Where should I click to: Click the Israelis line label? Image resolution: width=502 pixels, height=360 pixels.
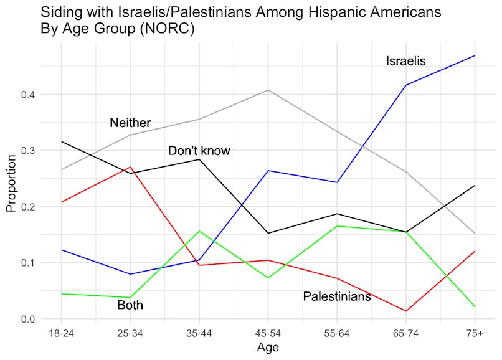tap(405, 61)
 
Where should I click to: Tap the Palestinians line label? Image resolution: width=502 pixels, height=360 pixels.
tap(337, 296)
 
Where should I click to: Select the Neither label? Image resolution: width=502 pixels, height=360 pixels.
tap(130, 123)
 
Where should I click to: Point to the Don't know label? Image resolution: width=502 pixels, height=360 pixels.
tap(199, 151)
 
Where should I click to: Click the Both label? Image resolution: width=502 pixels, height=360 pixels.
tap(130, 305)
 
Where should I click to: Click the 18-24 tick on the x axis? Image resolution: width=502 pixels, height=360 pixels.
tap(61, 334)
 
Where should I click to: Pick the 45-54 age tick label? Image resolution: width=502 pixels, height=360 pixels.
tap(268, 334)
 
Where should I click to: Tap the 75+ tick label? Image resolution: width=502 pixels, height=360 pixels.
tap(475, 334)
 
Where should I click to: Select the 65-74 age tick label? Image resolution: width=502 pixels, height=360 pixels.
tap(405, 334)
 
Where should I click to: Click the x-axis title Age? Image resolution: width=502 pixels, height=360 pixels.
tap(268, 348)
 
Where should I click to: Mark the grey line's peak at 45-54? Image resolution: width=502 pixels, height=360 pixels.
tap(268, 90)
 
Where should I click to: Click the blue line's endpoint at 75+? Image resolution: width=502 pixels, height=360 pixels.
tap(475, 56)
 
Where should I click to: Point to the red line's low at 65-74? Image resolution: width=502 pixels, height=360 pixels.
tap(405, 311)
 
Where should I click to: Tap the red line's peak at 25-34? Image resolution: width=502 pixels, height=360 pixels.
tap(130, 167)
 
